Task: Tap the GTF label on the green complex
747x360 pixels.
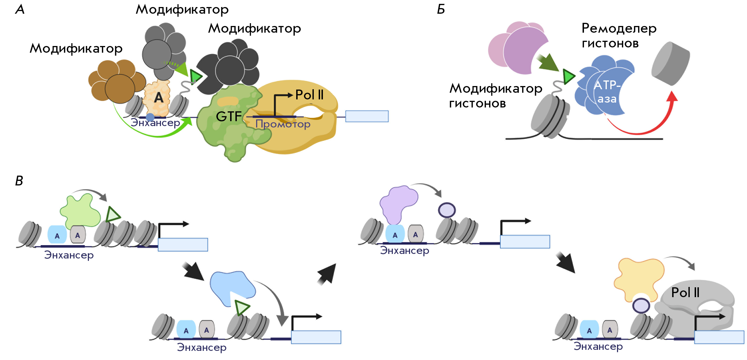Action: pyautogui.click(x=229, y=116)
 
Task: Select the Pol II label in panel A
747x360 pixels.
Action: pyautogui.click(x=309, y=95)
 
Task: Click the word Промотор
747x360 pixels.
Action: pyautogui.click(x=283, y=124)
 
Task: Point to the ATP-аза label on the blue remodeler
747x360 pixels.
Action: pyautogui.click(x=607, y=92)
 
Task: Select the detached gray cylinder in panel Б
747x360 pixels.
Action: pyautogui.click(x=670, y=64)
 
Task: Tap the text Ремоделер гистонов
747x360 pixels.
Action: pyautogui.click(x=619, y=35)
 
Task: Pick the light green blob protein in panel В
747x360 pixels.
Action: pyautogui.click(x=80, y=210)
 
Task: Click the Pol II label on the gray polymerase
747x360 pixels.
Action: pyautogui.click(x=685, y=293)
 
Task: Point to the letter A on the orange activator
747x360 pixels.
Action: pyautogui.click(x=159, y=97)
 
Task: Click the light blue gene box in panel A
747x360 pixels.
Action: pyautogui.click(x=367, y=116)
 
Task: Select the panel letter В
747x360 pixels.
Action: pyautogui.click(x=19, y=181)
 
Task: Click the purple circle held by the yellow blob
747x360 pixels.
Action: pyautogui.click(x=641, y=306)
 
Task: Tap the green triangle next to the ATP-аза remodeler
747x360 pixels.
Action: pyautogui.click(x=569, y=77)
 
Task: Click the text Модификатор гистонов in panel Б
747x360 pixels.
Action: pyautogui.click(x=496, y=96)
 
